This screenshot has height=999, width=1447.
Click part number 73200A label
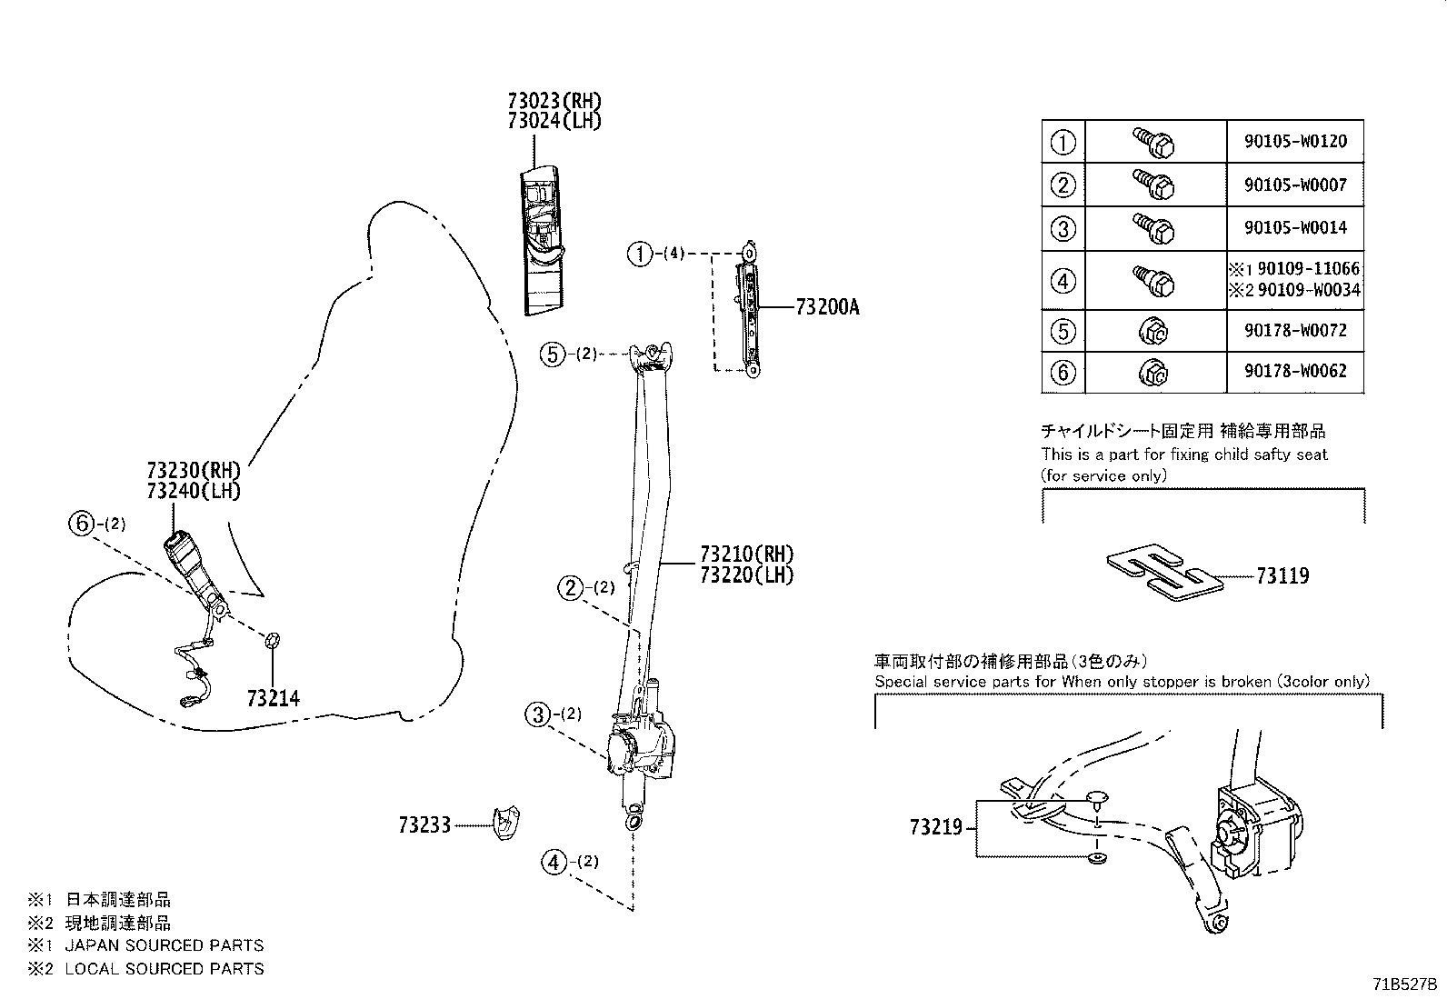[x=826, y=308]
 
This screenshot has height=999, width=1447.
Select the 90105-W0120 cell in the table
[x=1295, y=142]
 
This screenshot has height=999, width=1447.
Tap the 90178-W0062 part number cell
[x=1295, y=371]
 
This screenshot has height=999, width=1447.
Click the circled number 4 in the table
[x=1063, y=281]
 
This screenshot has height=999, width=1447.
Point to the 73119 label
[x=1282, y=575]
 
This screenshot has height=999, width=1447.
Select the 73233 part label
[x=424, y=825]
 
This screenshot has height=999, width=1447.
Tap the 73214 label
[x=273, y=698]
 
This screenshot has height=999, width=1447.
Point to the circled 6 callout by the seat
[x=81, y=524]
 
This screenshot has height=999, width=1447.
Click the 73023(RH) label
[x=554, y=101]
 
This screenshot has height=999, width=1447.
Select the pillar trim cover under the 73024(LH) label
[x=544, y=238]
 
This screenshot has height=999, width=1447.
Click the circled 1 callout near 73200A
[x=640, y=254]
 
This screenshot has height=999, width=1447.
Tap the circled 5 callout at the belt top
[x=552, y=354]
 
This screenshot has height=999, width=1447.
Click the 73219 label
[x=935, y=827]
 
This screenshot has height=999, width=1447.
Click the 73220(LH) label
[x=746, y=574]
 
